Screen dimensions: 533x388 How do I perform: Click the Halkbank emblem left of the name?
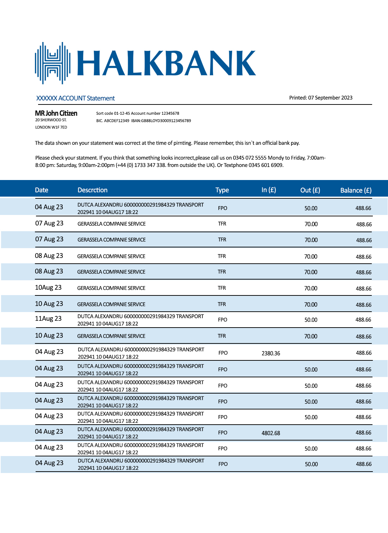[x=53, y=63]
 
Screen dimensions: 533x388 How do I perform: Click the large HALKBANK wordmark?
[x=166, y=63]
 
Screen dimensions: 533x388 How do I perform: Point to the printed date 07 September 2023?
[x=330, y=98]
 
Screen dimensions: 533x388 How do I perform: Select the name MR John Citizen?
[x=56, y=113]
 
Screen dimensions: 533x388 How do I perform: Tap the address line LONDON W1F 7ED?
[x=51, y=127]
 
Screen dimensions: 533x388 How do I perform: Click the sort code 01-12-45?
[x=122, y=114]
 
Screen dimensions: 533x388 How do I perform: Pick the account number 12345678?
[x=170, y=114]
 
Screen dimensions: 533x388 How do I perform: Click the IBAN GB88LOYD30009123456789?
[x=166, y=121]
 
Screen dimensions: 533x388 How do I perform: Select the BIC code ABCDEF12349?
[x=117, y=121]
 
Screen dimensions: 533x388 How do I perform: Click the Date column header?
[x=42, y=190]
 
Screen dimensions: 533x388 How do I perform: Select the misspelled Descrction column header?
[x=92, y=190]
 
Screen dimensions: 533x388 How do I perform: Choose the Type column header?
[x=222, y=190]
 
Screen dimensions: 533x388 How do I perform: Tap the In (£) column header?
[x=269, y=190]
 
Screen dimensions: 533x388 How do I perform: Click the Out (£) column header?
[x=310, y=190]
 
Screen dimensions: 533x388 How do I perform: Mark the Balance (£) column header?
[x=356, y=190]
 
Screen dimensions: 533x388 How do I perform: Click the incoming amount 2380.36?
[x=271, y=353]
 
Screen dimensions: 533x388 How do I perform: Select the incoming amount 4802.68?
[x=271, y=433]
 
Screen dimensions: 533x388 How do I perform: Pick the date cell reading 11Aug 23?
[x=48, y=319]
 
